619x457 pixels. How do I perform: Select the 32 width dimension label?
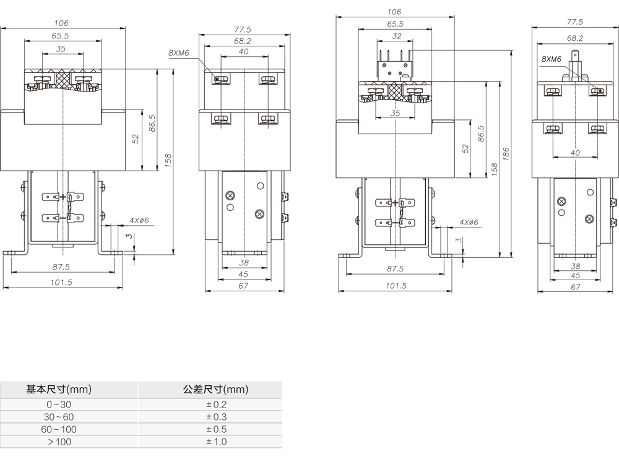click(397, 36)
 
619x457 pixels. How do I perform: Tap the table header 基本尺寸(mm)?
click(59, 390)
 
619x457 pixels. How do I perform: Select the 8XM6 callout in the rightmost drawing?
click(551, 59)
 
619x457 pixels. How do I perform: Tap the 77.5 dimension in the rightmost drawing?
click(575, 22)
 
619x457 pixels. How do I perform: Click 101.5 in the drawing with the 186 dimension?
click(396, 286)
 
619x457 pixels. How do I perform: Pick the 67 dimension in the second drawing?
click(243, 286)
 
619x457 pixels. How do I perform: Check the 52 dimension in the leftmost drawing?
click(136, 140)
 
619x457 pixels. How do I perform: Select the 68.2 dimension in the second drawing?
click(243, 41)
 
